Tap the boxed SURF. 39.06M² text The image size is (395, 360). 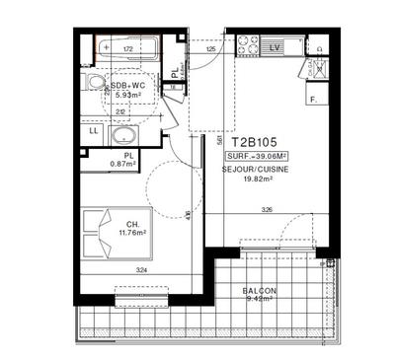pyautogui.click(x=257, y=157)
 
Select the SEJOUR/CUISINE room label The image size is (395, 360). pyautogui.click(x=256, y=170)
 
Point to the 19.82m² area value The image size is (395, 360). pyautogui.click(x=256, y=181)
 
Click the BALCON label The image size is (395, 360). pyautogui.click(x=260, y=291)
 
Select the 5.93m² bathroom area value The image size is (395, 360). pyautogui.click(x=126, y=96)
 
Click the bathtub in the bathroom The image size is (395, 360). pyautogui.click(x=132, y=46)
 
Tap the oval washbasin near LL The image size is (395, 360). pyautogui.click(x=124, y=136)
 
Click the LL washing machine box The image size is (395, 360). pyautogui.click(x=94, y=131)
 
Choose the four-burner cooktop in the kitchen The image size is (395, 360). pyautogui.click(x=247, y=45)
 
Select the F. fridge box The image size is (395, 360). pyautogui.click(x=314, y=100)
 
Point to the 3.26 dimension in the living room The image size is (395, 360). pyautogui.click(x=267, y=210)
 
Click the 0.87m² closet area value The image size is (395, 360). pyautogui.click(x=121, y=164)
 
